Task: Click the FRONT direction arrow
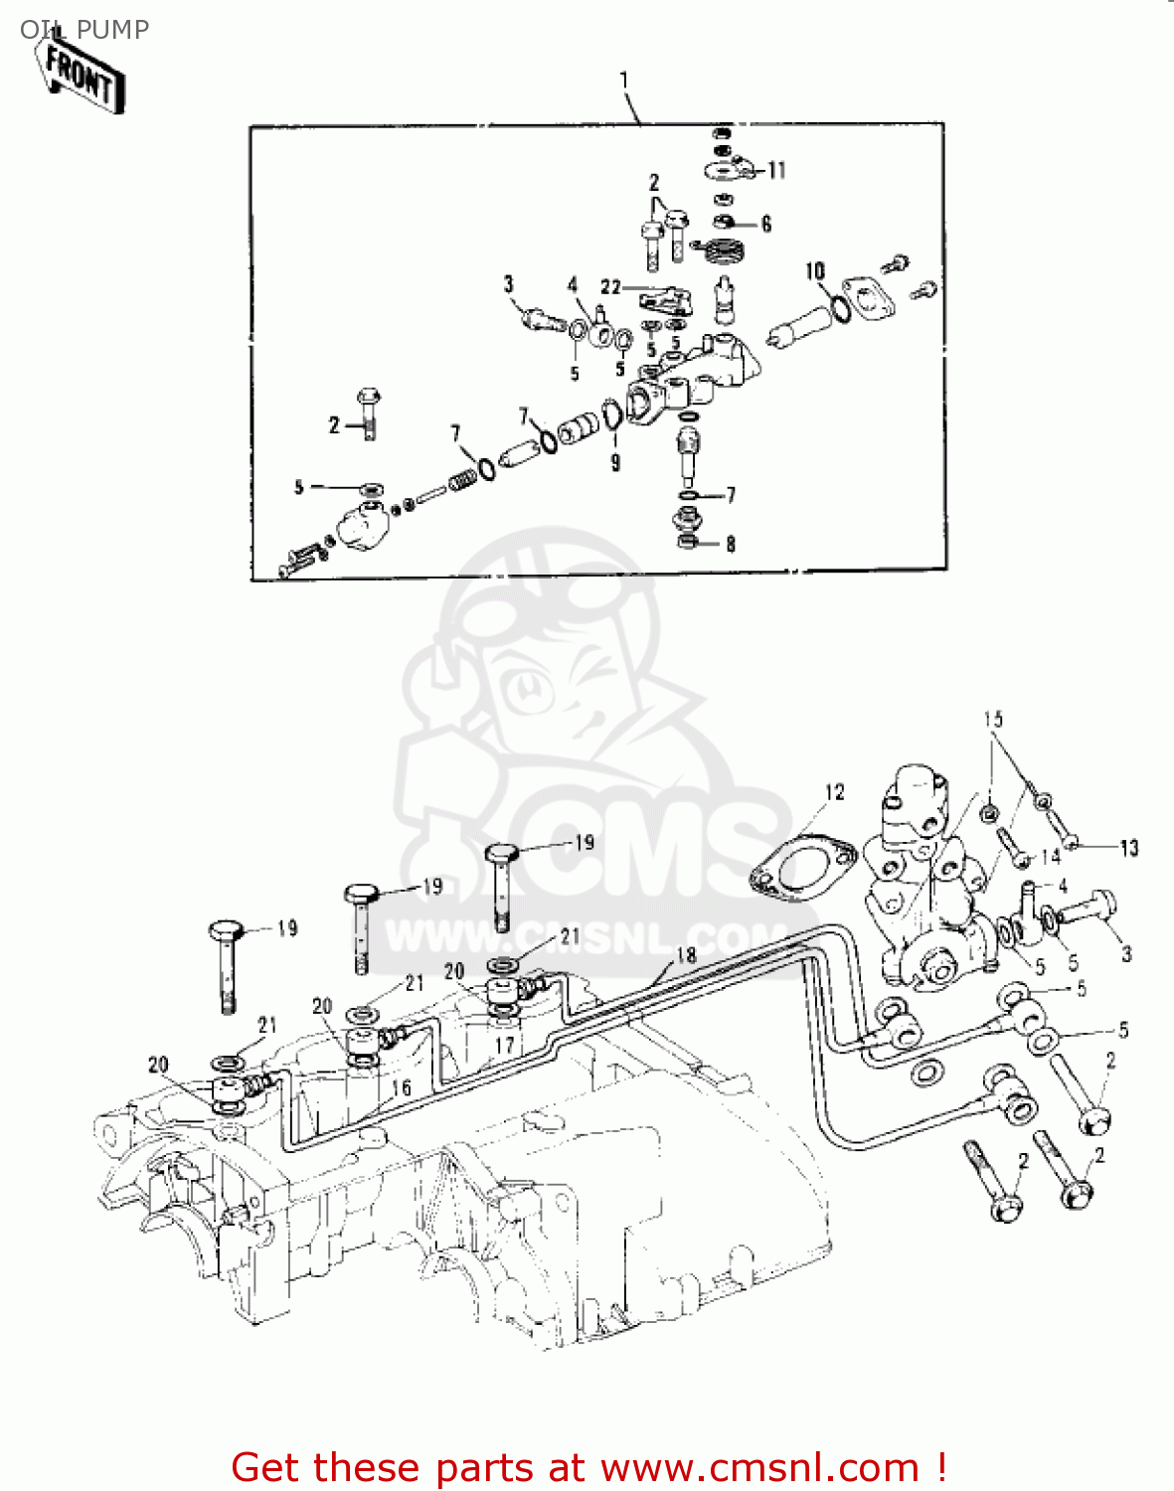pos(84,77)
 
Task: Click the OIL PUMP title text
pos(84,30)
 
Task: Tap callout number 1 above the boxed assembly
pos(624,80)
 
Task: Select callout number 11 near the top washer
pos(776,171)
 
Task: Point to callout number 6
pos(766,225)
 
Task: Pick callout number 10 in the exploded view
pos(815,271)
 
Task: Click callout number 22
pos(610,287)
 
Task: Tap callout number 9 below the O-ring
pos(615,462)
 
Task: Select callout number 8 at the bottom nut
pos(731,544)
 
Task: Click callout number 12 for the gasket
pos(834,792)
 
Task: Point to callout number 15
pos(993,719)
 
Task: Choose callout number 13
pos(1129,848)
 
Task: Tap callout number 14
pos(1051,856)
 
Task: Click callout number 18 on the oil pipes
pos(686,955)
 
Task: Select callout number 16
pos(401,1087)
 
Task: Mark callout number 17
pos(505,1045)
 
